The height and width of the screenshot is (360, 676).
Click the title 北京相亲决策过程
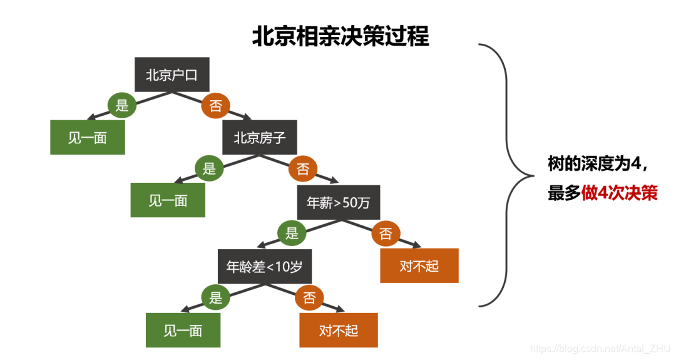(341, 36)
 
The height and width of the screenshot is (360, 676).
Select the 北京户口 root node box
(172, 75)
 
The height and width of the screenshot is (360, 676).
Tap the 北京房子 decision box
(260, 138)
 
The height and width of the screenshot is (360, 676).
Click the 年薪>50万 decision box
(339, 202)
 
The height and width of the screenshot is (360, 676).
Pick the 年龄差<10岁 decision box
(264, 266)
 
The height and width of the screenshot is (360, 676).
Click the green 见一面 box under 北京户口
(88, 138)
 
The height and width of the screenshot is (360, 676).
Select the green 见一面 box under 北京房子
(168, 201)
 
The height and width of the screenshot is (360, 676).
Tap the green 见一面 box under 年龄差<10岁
(183, 330)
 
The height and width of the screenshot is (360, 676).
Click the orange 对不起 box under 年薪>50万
(419, 265)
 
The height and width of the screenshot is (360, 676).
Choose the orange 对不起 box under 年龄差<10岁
(339, 330)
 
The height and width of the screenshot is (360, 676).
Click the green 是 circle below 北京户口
(122, 105)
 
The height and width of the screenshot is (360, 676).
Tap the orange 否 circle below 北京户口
(215, 106)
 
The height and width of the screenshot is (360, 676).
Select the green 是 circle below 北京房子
(209, 168)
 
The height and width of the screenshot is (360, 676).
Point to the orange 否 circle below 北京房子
(303, 169)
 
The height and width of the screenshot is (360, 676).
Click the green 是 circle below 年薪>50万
(292, 234)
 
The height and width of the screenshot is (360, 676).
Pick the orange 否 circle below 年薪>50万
(386, 234)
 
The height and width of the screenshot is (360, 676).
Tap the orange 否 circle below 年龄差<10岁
(309, 298)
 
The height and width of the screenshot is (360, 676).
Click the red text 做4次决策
(620, 193)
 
